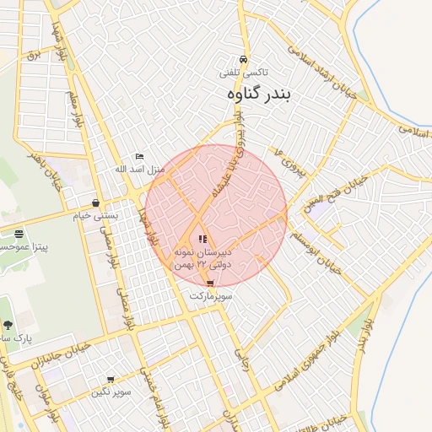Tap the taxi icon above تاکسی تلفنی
coord(244,60)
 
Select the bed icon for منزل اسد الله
coord(140,156)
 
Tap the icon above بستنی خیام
coord(97,203)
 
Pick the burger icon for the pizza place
coord(19,234)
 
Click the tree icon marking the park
coord(7,325)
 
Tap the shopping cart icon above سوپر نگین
coord(111,381)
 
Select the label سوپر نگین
coord(112,393)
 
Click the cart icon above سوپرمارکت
coord(210,283)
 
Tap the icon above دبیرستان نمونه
coord(202,239)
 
